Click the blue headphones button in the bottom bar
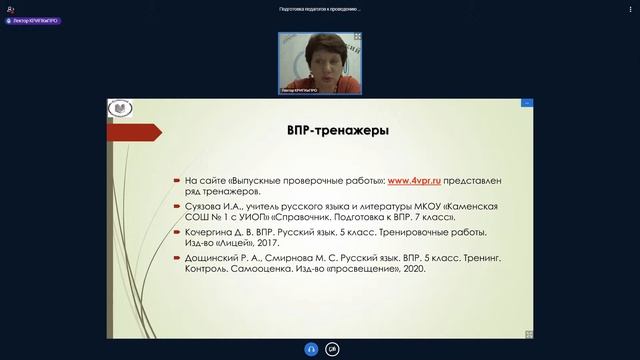click(x=309, y=349)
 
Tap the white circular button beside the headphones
click(x=332, y=349)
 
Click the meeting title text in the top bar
click(x=319, y=9)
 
